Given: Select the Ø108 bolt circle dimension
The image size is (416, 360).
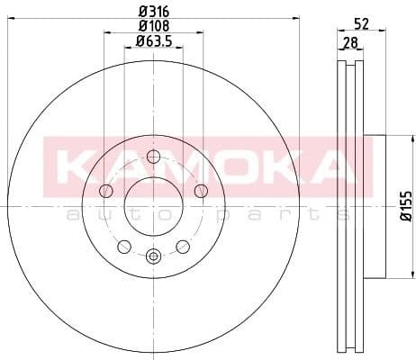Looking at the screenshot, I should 152,25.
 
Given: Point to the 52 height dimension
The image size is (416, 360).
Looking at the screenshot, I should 361,25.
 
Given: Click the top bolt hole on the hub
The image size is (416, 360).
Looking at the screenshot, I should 152,156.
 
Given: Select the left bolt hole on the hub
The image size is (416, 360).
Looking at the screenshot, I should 106,190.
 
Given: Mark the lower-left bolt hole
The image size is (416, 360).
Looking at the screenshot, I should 124,246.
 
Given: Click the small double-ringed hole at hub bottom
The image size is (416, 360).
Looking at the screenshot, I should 153,256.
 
